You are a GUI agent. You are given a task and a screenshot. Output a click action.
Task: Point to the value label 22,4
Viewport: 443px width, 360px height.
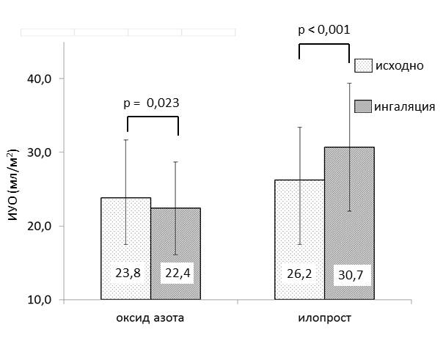click(x=176, y=275)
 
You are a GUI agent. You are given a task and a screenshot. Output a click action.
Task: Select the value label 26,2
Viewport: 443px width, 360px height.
click(x=299, y=275)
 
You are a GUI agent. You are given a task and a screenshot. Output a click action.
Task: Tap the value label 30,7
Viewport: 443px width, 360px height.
click(x=349, y=275)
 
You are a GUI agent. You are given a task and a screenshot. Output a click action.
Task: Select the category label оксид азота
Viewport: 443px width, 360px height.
click(x=151, y=320)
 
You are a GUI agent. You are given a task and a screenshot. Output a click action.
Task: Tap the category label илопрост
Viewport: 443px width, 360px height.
click(x=324, y=320)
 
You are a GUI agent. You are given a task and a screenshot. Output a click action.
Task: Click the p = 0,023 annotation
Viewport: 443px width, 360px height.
click(x=152, y=103)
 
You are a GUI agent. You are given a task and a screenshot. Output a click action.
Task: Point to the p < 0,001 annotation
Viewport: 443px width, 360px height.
click(x=323, y=30)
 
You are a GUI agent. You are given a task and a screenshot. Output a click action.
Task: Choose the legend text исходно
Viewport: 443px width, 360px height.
click(x=399, y=65)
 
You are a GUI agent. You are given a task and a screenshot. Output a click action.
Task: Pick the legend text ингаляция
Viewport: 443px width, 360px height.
click(x=405, y=106)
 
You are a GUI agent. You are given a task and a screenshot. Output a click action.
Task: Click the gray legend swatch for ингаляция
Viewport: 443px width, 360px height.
click(x=363, y=106)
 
